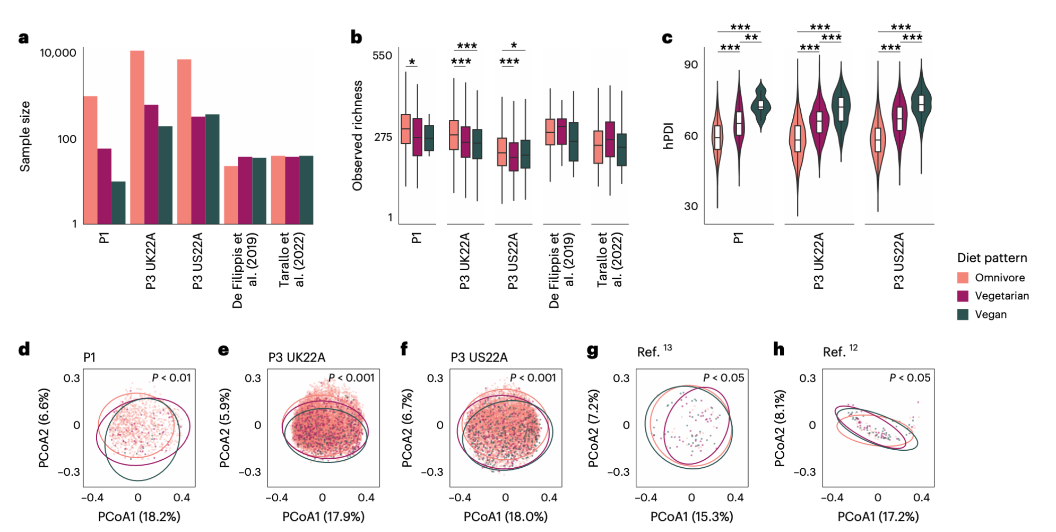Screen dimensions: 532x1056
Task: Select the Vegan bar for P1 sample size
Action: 118,203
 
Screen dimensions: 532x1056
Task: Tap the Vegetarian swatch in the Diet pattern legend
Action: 963,296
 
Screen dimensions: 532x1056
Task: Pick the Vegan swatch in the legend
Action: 963,314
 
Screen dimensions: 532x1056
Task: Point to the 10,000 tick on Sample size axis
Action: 58,53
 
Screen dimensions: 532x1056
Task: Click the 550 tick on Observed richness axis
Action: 382,56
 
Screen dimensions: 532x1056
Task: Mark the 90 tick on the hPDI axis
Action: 691,64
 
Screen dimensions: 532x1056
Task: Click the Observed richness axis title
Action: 358,135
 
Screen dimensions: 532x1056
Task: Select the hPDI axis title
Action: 669,136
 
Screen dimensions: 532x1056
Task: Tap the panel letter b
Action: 356,37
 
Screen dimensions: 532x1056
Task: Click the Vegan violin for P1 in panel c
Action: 761,106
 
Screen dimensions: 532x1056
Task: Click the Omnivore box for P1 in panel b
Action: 405,128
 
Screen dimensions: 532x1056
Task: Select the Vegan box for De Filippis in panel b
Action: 573,142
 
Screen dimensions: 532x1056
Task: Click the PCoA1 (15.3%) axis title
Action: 691,516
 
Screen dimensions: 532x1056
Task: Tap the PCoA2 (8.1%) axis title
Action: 780,427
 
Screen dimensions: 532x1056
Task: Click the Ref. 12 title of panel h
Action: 839,351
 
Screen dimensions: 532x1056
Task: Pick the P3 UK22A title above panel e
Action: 297,357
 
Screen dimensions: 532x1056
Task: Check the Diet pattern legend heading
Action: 992,258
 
